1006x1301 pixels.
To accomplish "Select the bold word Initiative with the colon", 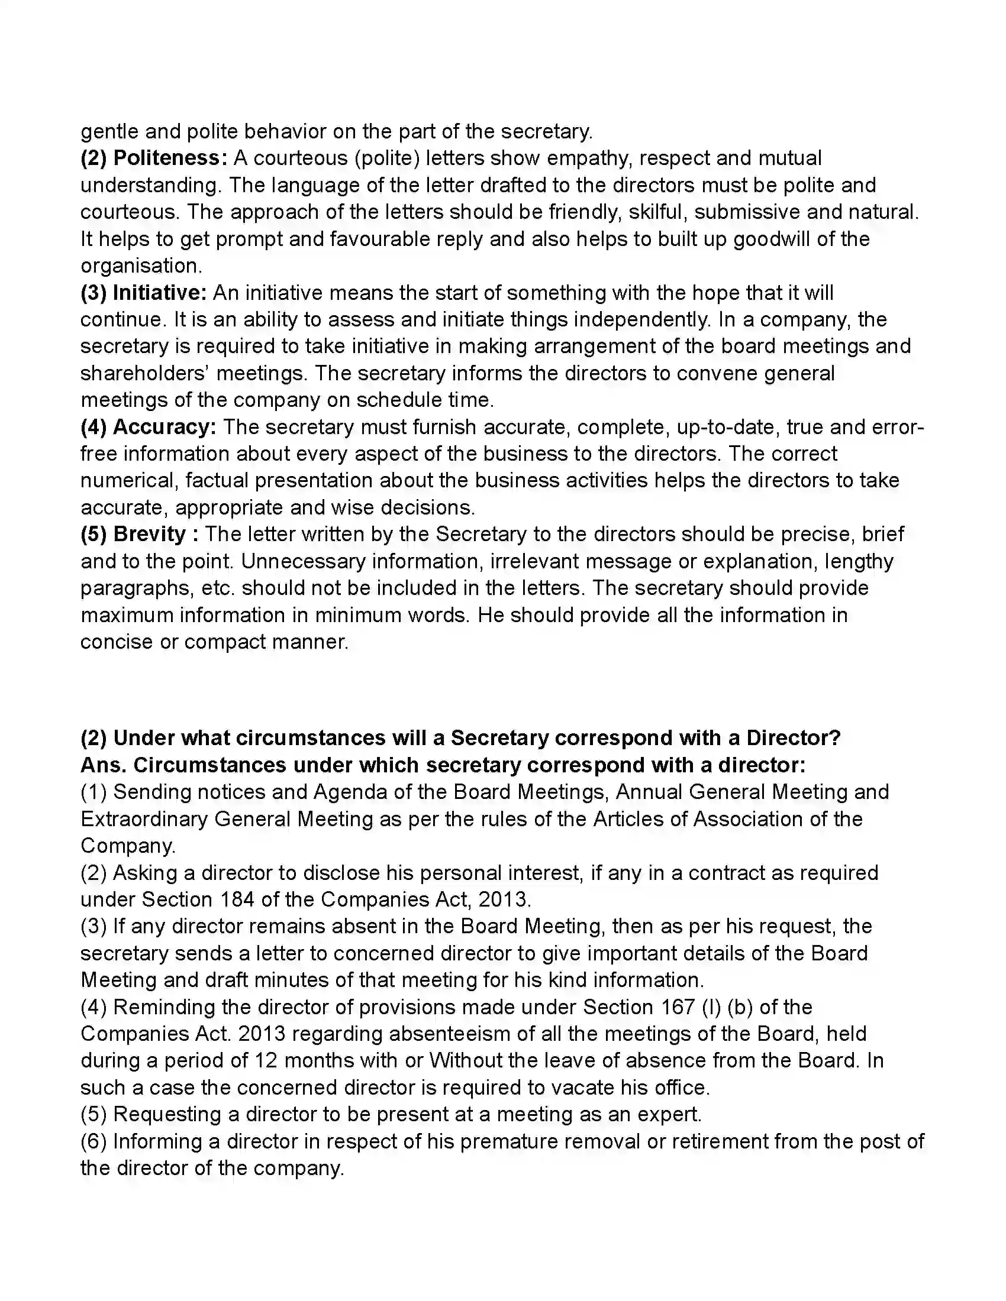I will [x=160, y=293].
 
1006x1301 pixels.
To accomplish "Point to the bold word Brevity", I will [x=150, y=535].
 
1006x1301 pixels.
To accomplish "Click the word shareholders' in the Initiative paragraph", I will [x=143, y=374].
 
